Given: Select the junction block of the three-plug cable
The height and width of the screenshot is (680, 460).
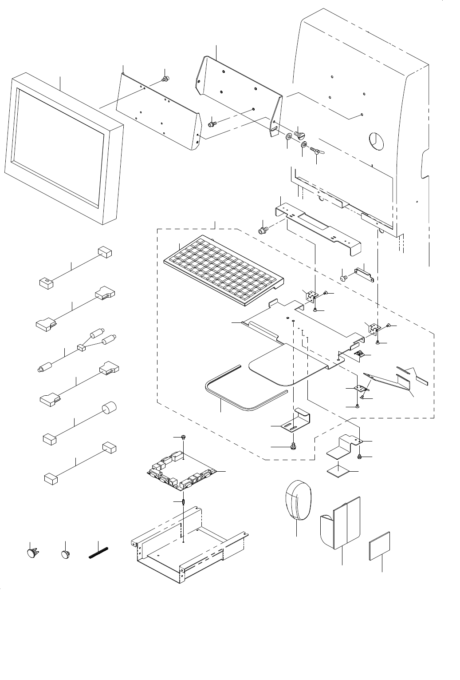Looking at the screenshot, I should point(81,348).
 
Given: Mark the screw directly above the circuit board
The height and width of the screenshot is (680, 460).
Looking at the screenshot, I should point(183,438).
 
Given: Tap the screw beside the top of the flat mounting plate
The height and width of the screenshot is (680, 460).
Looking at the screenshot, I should point(166,79).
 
